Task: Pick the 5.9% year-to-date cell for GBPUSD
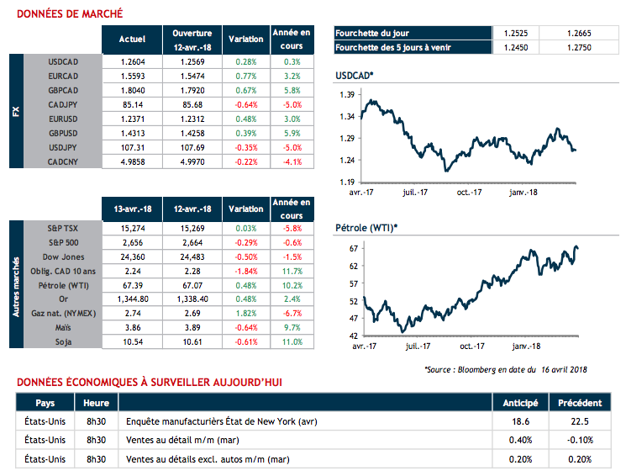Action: coord(292,133)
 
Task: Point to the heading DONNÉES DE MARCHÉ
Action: coord(70,14)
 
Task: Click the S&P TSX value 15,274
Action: coord(133,228)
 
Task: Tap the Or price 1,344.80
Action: coord(133,298)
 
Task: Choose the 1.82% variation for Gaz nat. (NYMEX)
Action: coord(246,312)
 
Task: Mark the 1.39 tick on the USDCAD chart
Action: coord(345,95)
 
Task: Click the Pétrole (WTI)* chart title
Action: coord(366,227)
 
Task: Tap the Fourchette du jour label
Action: coord(370,33)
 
